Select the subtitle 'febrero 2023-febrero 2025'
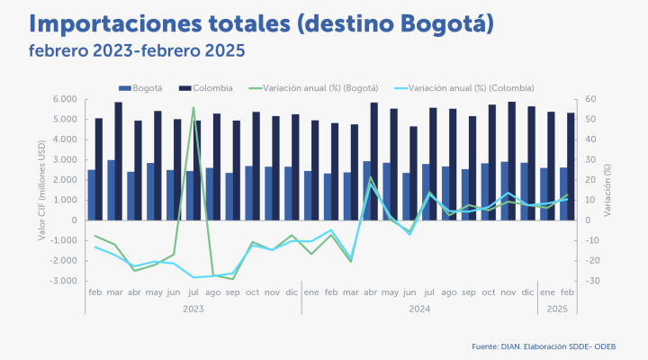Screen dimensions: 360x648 137,51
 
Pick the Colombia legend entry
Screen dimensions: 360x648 206,87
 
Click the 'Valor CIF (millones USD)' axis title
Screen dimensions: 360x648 42,190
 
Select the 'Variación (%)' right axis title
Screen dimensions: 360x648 608,190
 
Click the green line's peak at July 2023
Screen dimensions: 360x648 193,108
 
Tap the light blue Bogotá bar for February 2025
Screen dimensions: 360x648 563,193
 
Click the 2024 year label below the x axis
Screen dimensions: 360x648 418,309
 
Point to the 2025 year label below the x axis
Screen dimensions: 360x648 558,309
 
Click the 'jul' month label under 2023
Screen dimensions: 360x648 192,293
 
